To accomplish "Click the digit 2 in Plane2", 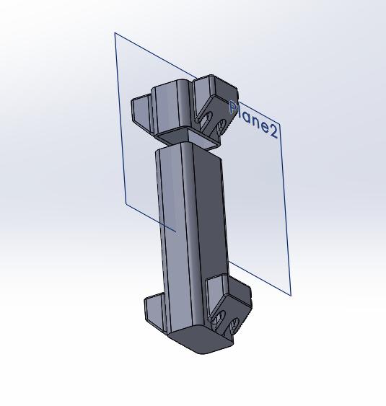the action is point(273,131).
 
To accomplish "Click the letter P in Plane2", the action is point(234,107).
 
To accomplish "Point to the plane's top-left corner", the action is point(115,33).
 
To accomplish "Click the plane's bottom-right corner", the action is point(291,296).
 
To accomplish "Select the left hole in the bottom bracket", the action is point(218,318).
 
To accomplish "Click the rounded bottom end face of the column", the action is point(201,339).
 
